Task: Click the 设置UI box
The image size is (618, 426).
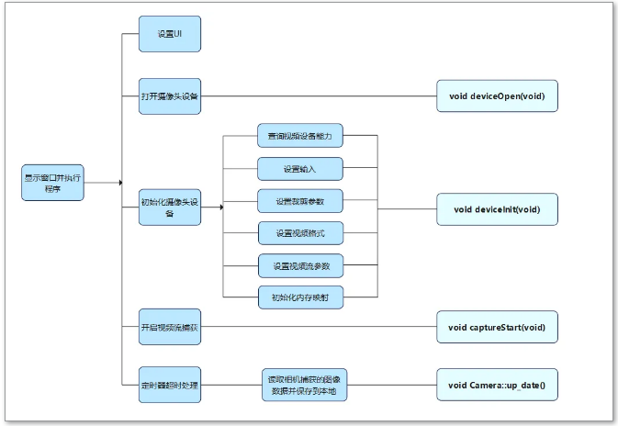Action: click(x=169, y=35)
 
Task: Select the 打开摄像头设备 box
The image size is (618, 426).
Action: click(x=169, y=95)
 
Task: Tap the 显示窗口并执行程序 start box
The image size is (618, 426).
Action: click(x=52, y=182)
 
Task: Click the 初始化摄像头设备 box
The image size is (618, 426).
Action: click(x=169, y=207)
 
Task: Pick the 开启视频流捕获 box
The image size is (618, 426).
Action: click(x=169, y=327)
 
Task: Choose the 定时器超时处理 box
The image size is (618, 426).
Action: click(x=169, y=385)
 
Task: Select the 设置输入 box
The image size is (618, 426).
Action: click(x=300, y=168)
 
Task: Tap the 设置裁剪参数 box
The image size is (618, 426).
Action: click(x=300, y=201)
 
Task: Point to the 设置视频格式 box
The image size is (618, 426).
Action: click(x=300, y=234)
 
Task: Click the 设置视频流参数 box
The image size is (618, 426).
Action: click(x=300, y=266)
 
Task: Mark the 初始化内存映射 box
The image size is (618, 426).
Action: click(x=300, y=297)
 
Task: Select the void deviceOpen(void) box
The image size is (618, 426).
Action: click(x=497, y=95)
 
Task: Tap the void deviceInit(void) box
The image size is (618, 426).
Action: click(x=497, y=208)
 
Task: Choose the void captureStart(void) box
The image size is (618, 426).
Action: click(x=497, y=327)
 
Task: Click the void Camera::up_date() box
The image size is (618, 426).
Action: click(x=497, y=385)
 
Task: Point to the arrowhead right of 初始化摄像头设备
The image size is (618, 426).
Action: click(x=221, y=207)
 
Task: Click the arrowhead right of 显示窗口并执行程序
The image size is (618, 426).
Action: click(x=119, y=182)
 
